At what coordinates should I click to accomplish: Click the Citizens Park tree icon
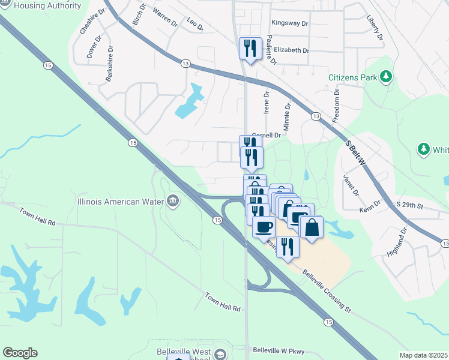(387, 77)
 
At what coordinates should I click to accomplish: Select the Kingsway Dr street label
(289, 23)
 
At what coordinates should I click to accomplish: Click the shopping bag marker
(312, 227)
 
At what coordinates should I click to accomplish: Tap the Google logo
(20, 353)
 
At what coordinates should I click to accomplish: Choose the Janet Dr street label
(350, 185)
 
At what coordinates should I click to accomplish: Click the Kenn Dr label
(370, 206)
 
